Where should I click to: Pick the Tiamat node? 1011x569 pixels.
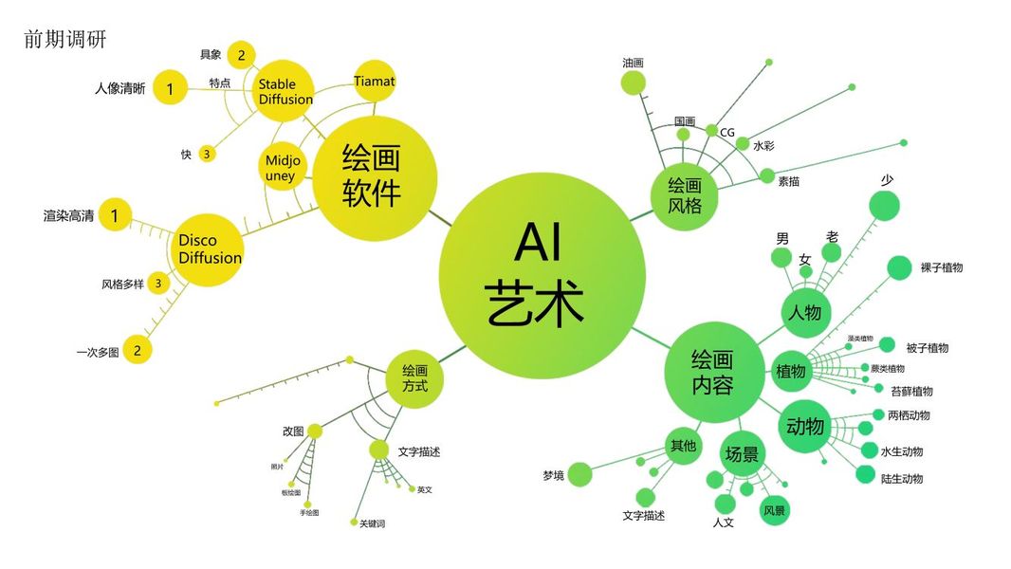(x=374, y=83)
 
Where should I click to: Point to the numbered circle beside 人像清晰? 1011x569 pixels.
(x=170, y=89)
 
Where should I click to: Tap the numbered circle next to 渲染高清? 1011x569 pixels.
(x=115, y=216)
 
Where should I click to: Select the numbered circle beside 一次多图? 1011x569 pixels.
(x=137, y=350)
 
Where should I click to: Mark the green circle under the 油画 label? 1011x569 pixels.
(x=633, y=83)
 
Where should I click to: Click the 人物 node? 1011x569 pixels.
(x=804, y=311)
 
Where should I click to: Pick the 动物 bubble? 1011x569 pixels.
(x=804, y=426)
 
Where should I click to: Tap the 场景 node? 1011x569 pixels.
(x=742, y=454)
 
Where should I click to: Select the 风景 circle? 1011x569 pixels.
(x=774, y=510)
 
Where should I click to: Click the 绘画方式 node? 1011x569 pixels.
(x=414, y=378)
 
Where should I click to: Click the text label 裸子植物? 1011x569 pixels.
(x=941, y=267)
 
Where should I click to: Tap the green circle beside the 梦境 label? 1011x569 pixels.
(x=579, y=474)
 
